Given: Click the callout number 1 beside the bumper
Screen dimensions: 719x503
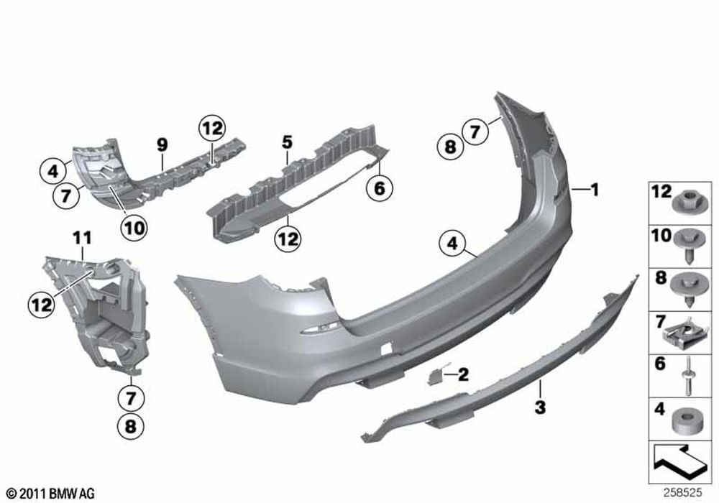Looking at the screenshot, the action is point(595,189).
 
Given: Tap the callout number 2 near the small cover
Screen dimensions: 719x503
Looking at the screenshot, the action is point(464,374).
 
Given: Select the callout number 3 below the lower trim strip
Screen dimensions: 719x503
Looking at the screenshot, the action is point(541,407).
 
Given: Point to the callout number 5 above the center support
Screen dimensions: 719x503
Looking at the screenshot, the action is point(287,142).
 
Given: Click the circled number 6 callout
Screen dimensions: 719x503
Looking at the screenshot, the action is point(380,188).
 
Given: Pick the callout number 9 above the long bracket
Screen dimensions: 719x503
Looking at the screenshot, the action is point(162,145).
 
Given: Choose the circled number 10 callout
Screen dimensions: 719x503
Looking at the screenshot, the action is point(134,228).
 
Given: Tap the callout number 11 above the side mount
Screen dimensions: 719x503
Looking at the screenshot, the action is point(82,239).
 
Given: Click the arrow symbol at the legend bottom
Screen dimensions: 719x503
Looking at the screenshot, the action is point(679,459).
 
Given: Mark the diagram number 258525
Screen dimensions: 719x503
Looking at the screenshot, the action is point(682,493).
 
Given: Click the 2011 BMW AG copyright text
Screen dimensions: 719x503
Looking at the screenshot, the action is point(51,494).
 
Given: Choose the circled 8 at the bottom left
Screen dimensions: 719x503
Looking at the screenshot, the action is point(131,427).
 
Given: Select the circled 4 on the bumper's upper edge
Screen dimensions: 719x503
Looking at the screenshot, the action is point(452,244).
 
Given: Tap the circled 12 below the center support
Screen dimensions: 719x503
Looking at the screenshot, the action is point(288,239).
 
